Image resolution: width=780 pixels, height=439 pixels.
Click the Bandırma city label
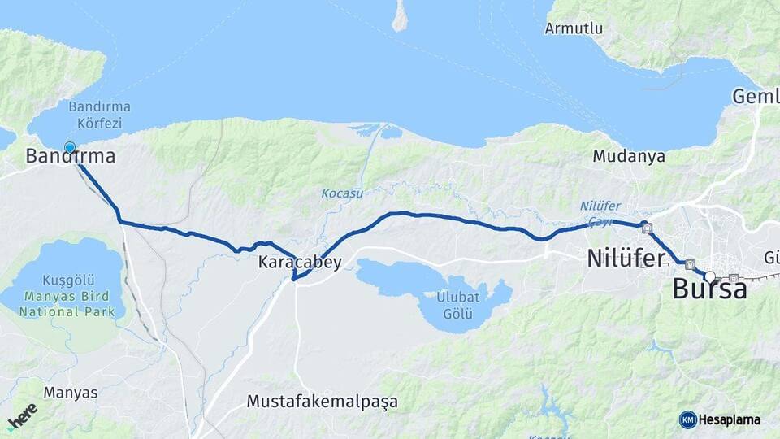(x=70, y=157)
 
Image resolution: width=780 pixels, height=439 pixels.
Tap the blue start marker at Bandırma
(x=70, y=148)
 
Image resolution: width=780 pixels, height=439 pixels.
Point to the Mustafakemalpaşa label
(x=323, y=402)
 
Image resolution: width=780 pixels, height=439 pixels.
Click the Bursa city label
(x=709, y=290)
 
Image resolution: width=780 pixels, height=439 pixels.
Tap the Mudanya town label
(x=629, y=155)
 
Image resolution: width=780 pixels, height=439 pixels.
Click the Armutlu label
(x=574, y=28)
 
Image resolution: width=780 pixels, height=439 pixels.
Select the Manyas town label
(x=71, y=393)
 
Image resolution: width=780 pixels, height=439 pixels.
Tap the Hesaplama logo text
(x=730, y=420)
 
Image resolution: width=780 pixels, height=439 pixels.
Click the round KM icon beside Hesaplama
(x=687, y=420)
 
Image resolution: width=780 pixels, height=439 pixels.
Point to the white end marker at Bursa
(x=710, y=277)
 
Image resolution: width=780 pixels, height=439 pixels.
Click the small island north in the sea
(x=399, y=16)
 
